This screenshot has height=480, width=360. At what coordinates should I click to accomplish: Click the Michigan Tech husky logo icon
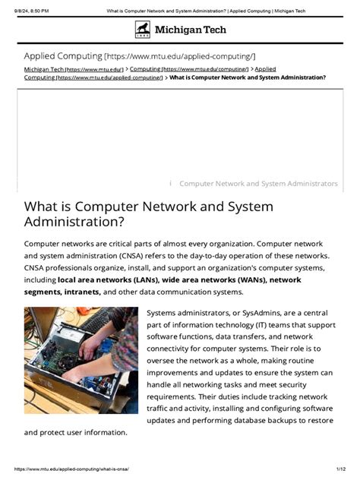point(143,30)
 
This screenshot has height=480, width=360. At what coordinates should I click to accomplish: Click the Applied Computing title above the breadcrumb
point(63,56)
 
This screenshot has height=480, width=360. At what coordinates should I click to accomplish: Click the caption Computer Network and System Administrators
point(258,184)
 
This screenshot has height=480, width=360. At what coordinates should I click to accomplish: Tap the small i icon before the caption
point(170,184)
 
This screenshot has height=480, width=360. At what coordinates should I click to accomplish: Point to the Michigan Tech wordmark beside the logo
point(191,30)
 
